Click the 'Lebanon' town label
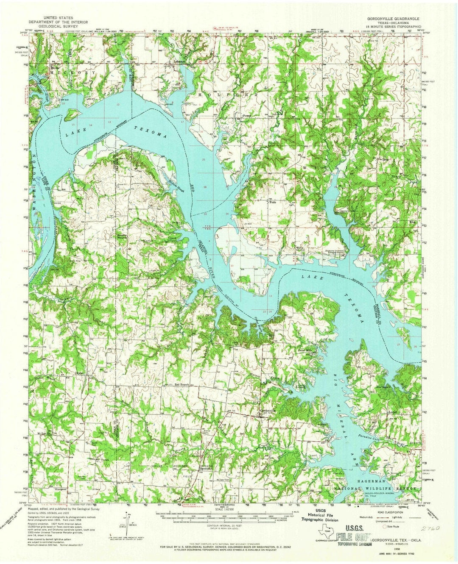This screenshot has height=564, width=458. tap(180, 61)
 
